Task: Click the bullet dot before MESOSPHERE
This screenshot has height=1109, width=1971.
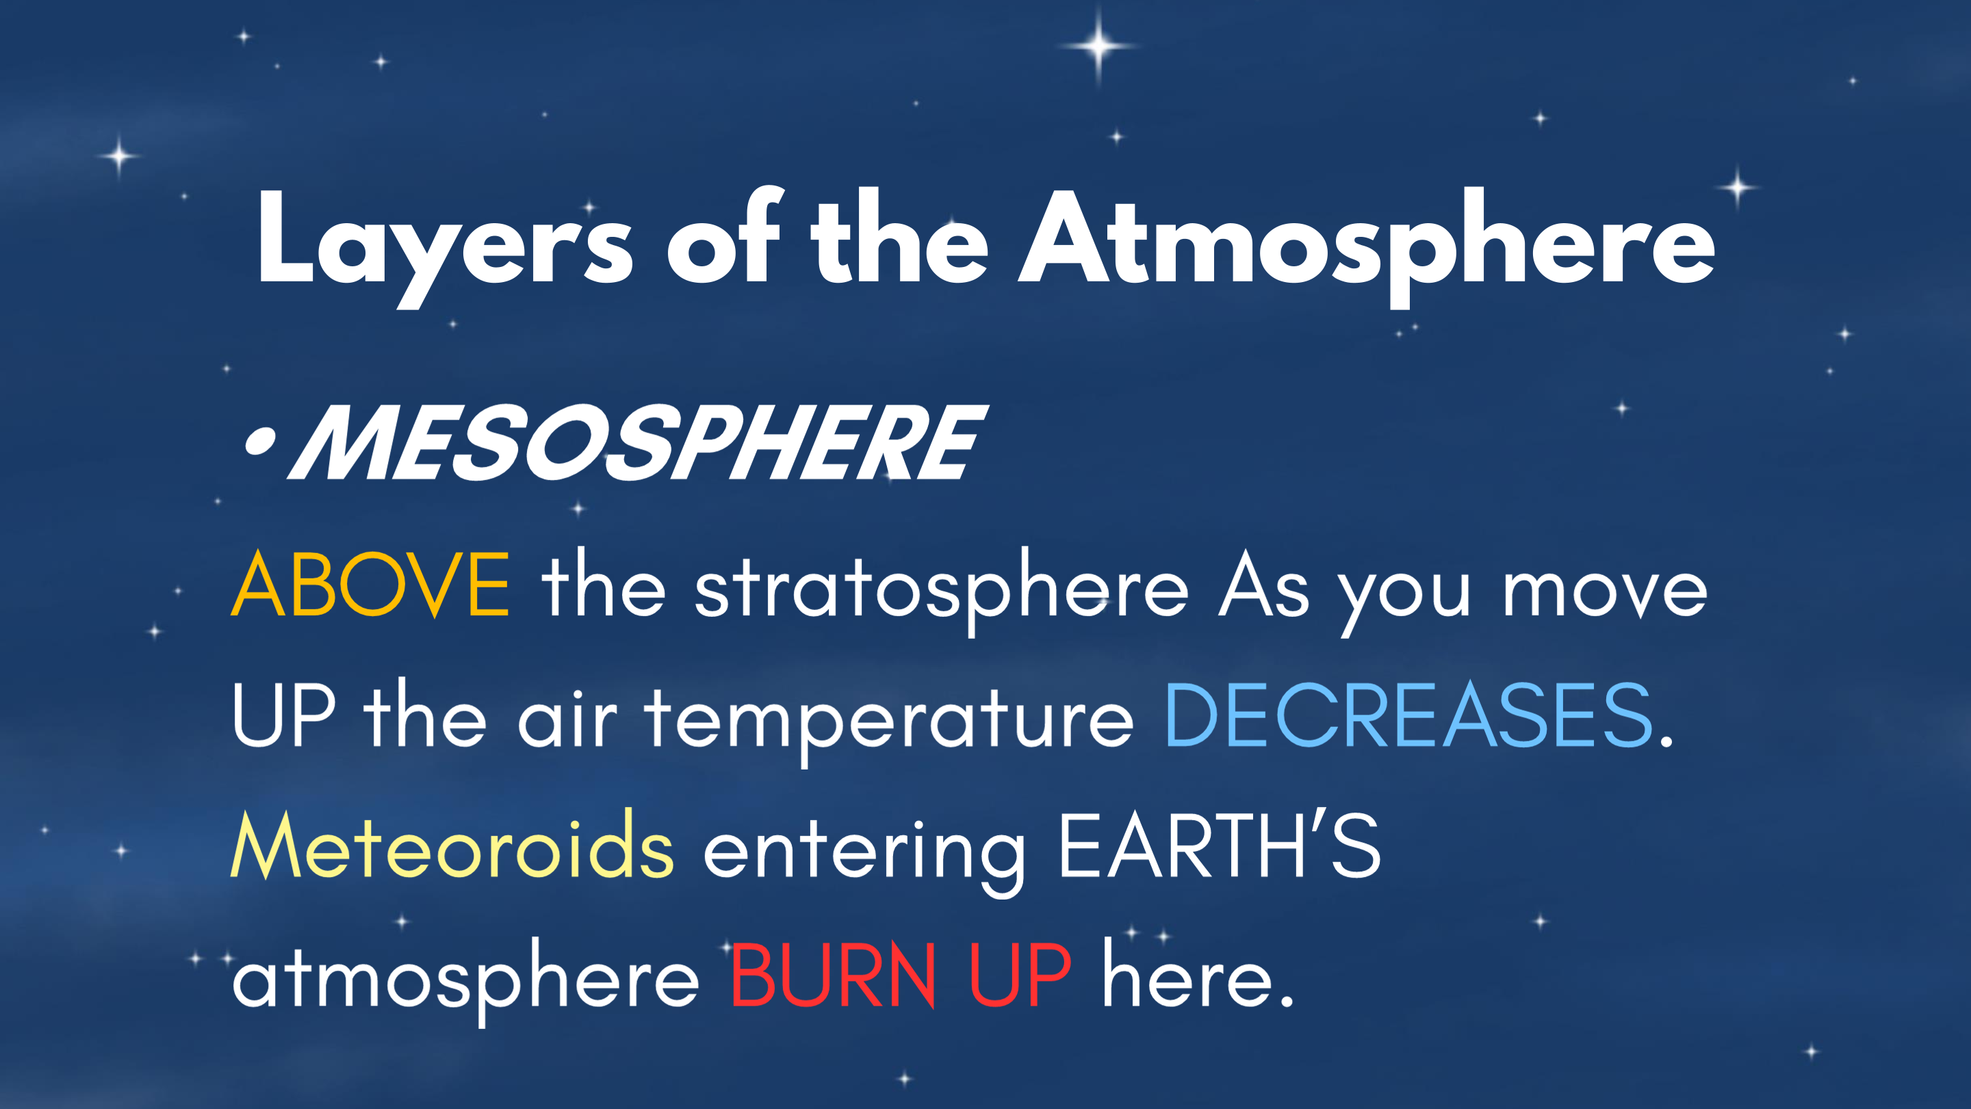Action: click(259, 442)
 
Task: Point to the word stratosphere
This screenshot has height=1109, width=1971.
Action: click(941, 590)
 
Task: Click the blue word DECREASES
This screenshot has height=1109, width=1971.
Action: click(1408, 715)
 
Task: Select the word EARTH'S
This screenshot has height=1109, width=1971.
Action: click(1220, 845)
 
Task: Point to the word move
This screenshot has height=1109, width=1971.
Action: click(1604, 592)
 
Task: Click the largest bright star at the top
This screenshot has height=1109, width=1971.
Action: click(1098, 45)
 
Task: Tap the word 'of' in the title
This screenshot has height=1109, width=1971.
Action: click(724, 235)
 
